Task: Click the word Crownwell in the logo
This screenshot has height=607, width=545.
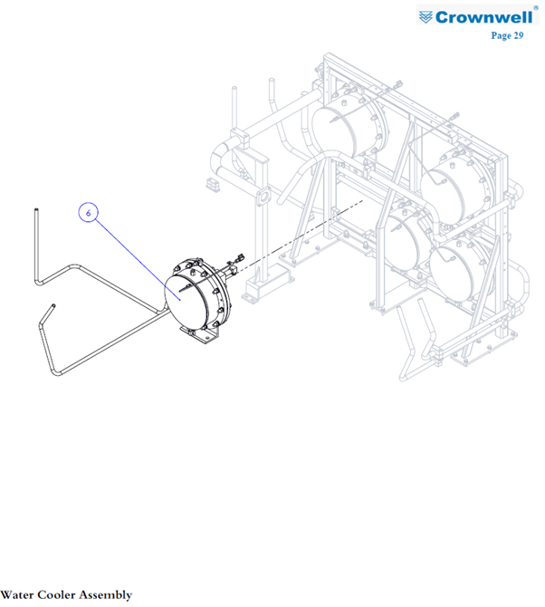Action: (x=483, y=17)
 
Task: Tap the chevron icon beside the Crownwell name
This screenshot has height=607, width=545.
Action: (x=425, y=17)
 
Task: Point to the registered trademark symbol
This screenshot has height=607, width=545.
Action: (x=536, y=8)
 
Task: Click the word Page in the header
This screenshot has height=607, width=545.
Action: (x=501, y=35)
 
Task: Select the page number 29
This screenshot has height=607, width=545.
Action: (x=519, y=35)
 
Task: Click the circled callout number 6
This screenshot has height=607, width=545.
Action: (x=88, y=213)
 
